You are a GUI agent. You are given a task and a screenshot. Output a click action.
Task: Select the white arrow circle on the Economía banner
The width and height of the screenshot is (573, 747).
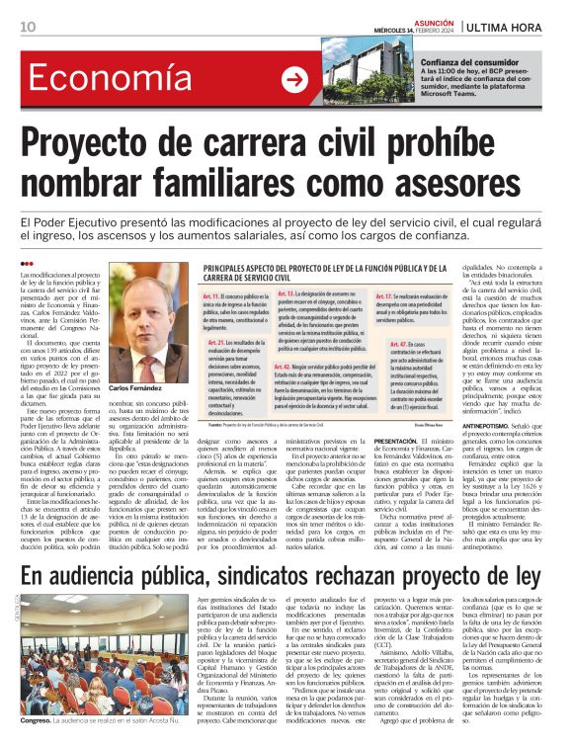click(294, 80)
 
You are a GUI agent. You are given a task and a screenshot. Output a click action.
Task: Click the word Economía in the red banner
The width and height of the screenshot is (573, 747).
click(98, 80)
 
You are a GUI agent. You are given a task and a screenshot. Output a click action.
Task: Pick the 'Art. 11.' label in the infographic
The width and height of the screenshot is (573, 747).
click(213, 294)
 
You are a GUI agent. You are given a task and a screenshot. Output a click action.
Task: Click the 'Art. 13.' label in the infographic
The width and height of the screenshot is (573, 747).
click(286, 294)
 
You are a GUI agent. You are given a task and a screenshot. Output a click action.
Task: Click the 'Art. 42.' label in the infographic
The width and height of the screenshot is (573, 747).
click(286, 365)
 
